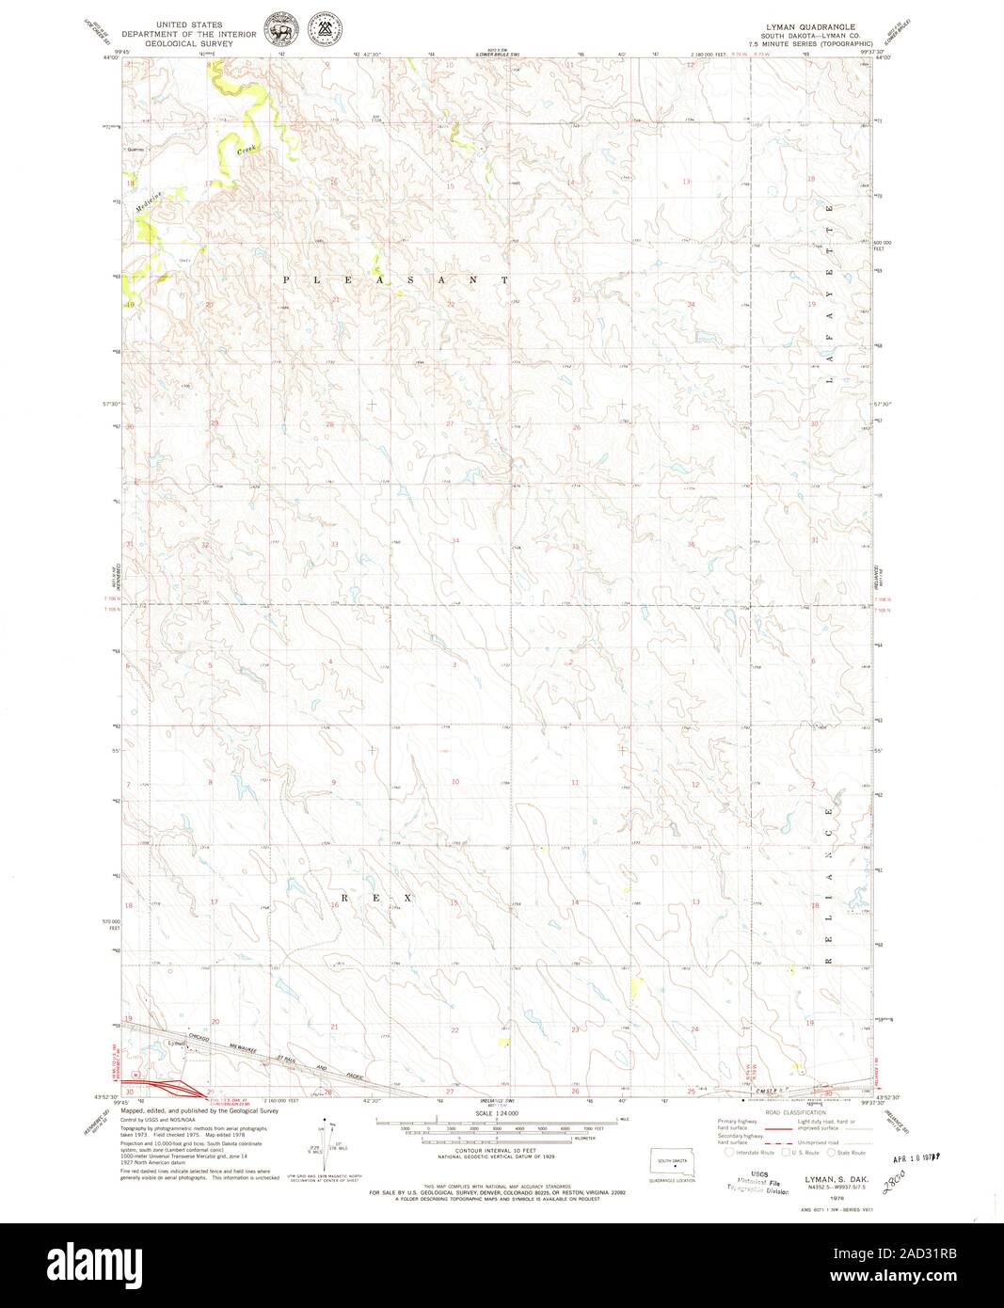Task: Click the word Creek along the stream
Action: click(x=247, y=149)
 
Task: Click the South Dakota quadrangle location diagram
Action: click(x=672, y=1163)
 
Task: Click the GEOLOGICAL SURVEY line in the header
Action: click(x=183, y=43)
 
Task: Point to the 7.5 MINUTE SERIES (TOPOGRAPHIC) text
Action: click(x=804, y=43)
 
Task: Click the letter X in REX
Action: click(x=408, y=899)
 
